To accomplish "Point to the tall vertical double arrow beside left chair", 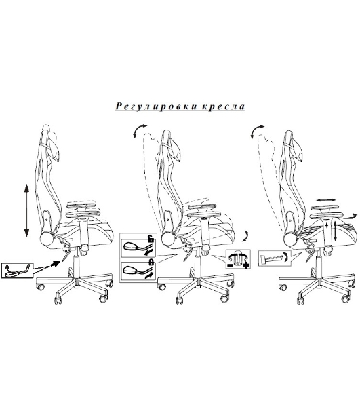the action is pos(26,210).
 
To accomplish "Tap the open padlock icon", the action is pos(151,238).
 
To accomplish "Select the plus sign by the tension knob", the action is pos(246,265).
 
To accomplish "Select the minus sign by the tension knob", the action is pos(230,265).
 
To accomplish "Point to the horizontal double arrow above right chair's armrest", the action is pos(327,200).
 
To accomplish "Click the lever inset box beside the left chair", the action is pos(18,271).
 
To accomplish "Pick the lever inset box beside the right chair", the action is pos(275,258).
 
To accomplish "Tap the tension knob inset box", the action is pos(238,259).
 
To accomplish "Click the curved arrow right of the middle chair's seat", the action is pos(246,235).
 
